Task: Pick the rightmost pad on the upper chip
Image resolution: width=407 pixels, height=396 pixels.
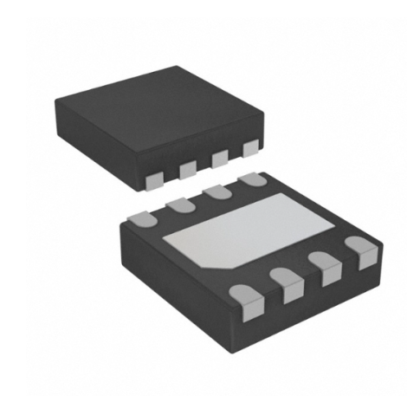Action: (x=251, y=149)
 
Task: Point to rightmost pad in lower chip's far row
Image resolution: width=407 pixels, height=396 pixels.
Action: (x=252, y=181)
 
